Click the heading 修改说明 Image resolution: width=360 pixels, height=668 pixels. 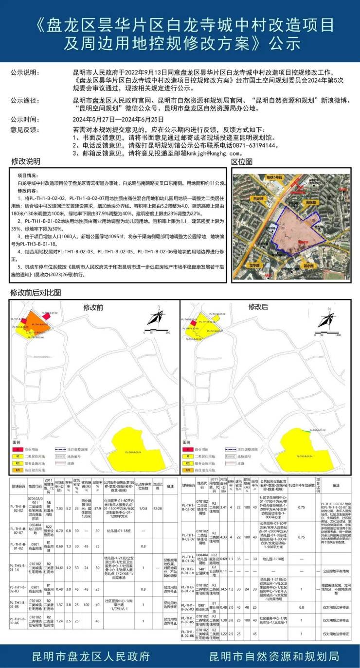pos(26,161)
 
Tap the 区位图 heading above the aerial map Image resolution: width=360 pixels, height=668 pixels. pos(242,161)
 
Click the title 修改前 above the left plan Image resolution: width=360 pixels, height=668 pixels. pos(93,307)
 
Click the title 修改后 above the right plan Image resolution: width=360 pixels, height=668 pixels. pos(258,307)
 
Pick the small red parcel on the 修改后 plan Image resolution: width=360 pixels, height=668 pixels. pos(193,322)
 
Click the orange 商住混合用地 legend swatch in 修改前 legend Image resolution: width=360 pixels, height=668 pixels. pos(18,470)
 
